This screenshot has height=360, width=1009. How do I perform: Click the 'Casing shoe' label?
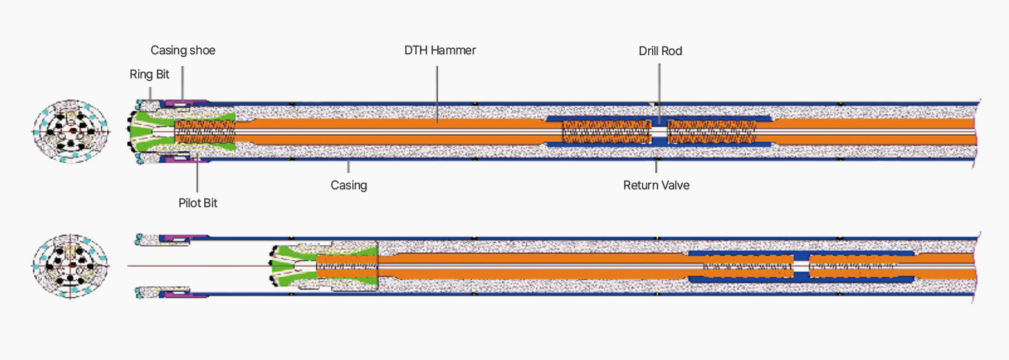(183, 50)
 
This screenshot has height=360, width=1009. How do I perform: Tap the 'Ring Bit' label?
(150, 74)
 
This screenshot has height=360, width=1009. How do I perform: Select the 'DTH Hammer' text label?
(440, 50)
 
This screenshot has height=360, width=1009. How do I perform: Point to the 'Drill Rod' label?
(661, 51)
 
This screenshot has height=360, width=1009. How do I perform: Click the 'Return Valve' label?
(657, 185)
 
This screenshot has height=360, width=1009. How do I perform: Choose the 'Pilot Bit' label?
(198, 203)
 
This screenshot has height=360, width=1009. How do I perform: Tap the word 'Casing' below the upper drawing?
(348, 185)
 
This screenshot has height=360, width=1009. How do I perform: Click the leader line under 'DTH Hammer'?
(437, 94)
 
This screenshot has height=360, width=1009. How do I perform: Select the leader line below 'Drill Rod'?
(660, 92)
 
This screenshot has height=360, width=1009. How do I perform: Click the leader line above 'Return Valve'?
(657, 167)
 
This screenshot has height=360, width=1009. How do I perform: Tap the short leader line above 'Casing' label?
(348, 167)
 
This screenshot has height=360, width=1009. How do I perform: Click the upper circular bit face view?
(71, 131)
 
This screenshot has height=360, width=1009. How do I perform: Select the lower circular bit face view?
(71, 266)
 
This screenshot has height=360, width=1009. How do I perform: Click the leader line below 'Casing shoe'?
(182, 83)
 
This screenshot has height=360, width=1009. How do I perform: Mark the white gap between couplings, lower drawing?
(801, 266)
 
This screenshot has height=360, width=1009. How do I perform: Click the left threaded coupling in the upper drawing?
(606, 131)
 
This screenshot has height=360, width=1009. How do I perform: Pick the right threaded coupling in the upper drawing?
(712, 131)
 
